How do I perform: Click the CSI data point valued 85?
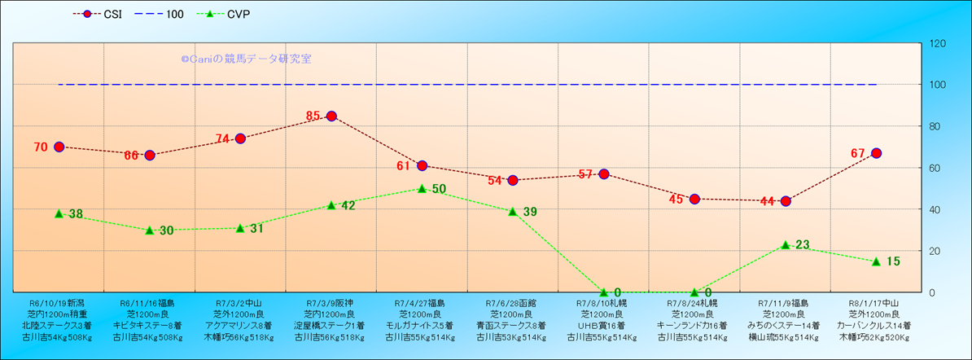[x=331, y=116]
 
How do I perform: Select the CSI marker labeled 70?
[x=59, y=147]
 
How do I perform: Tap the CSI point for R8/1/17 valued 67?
[x=876, y=153]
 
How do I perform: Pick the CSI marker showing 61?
[x=422, y=165]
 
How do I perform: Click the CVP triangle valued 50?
[x=422, y=188]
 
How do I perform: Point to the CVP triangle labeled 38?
[x=59, y=213]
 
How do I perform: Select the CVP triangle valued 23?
[x=786, y=244]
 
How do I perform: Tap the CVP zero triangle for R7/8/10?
[x=604, y=292]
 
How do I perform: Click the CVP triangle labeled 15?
[x=876, y=261]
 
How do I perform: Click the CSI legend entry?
[x=99, y=14]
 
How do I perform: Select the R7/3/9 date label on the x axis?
[x=330, y=302]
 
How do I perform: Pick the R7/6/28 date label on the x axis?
[x=512, y=302]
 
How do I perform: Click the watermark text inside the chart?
[x=246, y=59]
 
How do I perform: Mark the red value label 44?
[x=768, y=201]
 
